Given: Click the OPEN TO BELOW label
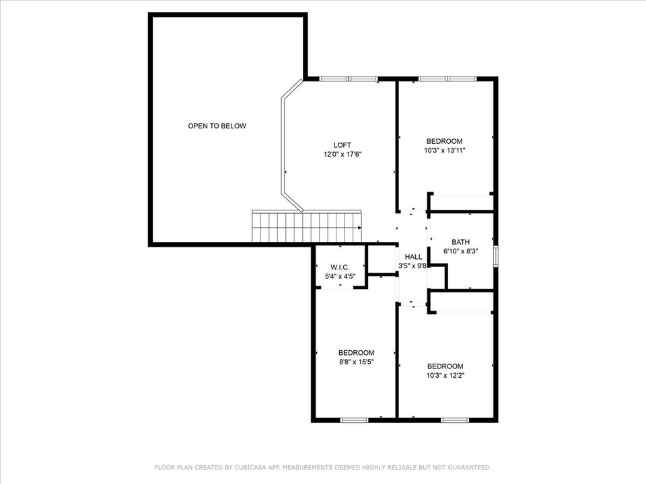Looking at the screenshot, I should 217,126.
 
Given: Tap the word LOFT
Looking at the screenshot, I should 342,145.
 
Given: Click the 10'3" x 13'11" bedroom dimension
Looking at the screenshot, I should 444,151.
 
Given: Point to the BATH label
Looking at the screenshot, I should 461,242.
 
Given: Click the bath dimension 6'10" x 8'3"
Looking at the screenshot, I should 461,251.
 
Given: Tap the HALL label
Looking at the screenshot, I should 413,257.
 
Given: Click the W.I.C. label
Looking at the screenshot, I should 340,267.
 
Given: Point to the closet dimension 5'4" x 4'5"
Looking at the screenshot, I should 340,276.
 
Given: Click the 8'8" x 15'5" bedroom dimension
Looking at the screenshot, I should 356,362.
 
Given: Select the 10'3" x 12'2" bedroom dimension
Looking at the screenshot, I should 445,375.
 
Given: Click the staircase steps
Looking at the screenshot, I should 306,227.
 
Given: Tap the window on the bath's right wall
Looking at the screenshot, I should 496,256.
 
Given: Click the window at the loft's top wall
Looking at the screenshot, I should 348,79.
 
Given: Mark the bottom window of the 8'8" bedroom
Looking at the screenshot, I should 354,420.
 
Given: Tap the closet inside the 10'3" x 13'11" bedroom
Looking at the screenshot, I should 462,202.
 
